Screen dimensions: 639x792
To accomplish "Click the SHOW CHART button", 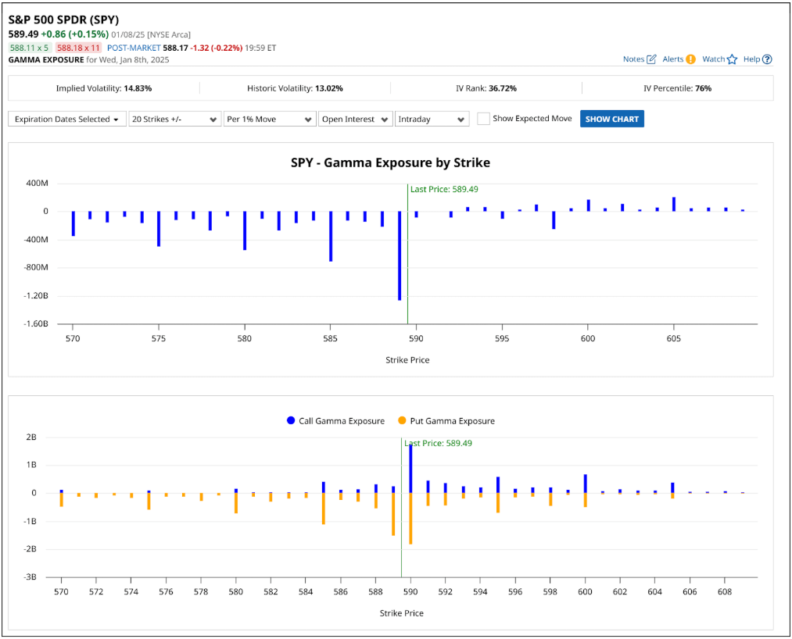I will [611, 119].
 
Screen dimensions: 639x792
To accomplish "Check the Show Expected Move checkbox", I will [484, 119].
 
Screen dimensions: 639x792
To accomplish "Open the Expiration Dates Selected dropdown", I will [66, 119].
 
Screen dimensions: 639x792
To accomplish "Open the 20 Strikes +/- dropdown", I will [175, 119].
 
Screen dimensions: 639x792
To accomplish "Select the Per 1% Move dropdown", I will [269, 119].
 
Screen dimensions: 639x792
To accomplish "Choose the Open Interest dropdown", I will [355, 119].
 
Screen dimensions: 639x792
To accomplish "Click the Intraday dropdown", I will [432, 119].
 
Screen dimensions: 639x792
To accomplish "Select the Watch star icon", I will [732, 59].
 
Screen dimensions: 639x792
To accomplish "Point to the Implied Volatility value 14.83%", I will [138, 88].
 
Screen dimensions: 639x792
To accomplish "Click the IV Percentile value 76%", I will [702, 88].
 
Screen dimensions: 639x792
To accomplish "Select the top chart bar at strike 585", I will [331, 236].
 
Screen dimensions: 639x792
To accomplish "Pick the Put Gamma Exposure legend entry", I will [446, 421].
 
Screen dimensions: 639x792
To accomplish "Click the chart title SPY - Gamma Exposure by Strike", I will [390, 162].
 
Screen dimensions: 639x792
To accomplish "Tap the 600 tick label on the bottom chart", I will [585, 593].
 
